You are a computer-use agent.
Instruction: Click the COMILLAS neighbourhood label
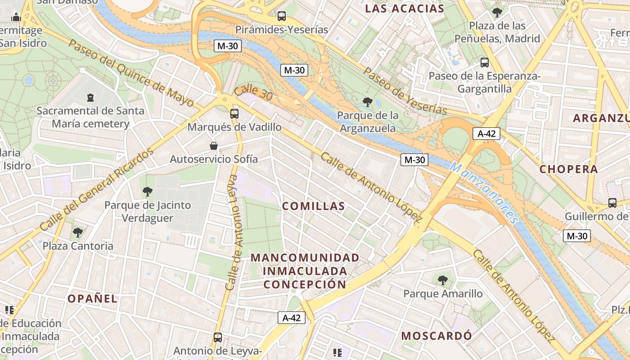click(313, 206)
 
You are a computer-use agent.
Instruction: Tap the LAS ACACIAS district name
click(405, 9)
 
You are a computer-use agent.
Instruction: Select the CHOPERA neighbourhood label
click(569, 169)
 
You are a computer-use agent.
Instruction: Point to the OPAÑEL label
click(92, 298)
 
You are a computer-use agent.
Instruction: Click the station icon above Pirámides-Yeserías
click(282, 16)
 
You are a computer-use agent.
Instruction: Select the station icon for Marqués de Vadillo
click(234, 113)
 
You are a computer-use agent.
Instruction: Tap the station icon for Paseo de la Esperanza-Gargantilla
click(485, 63)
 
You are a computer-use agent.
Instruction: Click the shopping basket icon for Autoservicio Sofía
click(214, 146)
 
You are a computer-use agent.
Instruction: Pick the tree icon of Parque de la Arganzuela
click(368, 102)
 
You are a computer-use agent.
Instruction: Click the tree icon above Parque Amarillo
click(443, 280)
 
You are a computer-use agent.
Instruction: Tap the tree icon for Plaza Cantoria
click(78, 233)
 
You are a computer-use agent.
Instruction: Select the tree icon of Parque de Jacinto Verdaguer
click(147, 192)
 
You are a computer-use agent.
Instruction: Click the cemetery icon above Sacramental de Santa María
click(90, 97)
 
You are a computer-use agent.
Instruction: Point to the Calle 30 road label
click(254, 93)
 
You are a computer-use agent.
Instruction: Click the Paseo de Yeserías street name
click(405, 91)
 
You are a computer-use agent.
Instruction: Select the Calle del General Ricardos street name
click(96, 190)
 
